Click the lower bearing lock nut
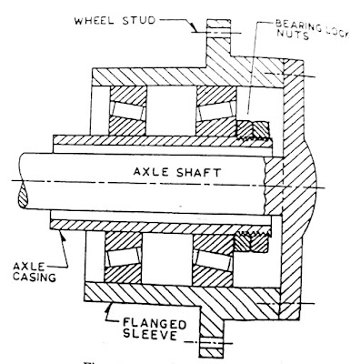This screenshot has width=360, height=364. (x=251, y=241)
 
